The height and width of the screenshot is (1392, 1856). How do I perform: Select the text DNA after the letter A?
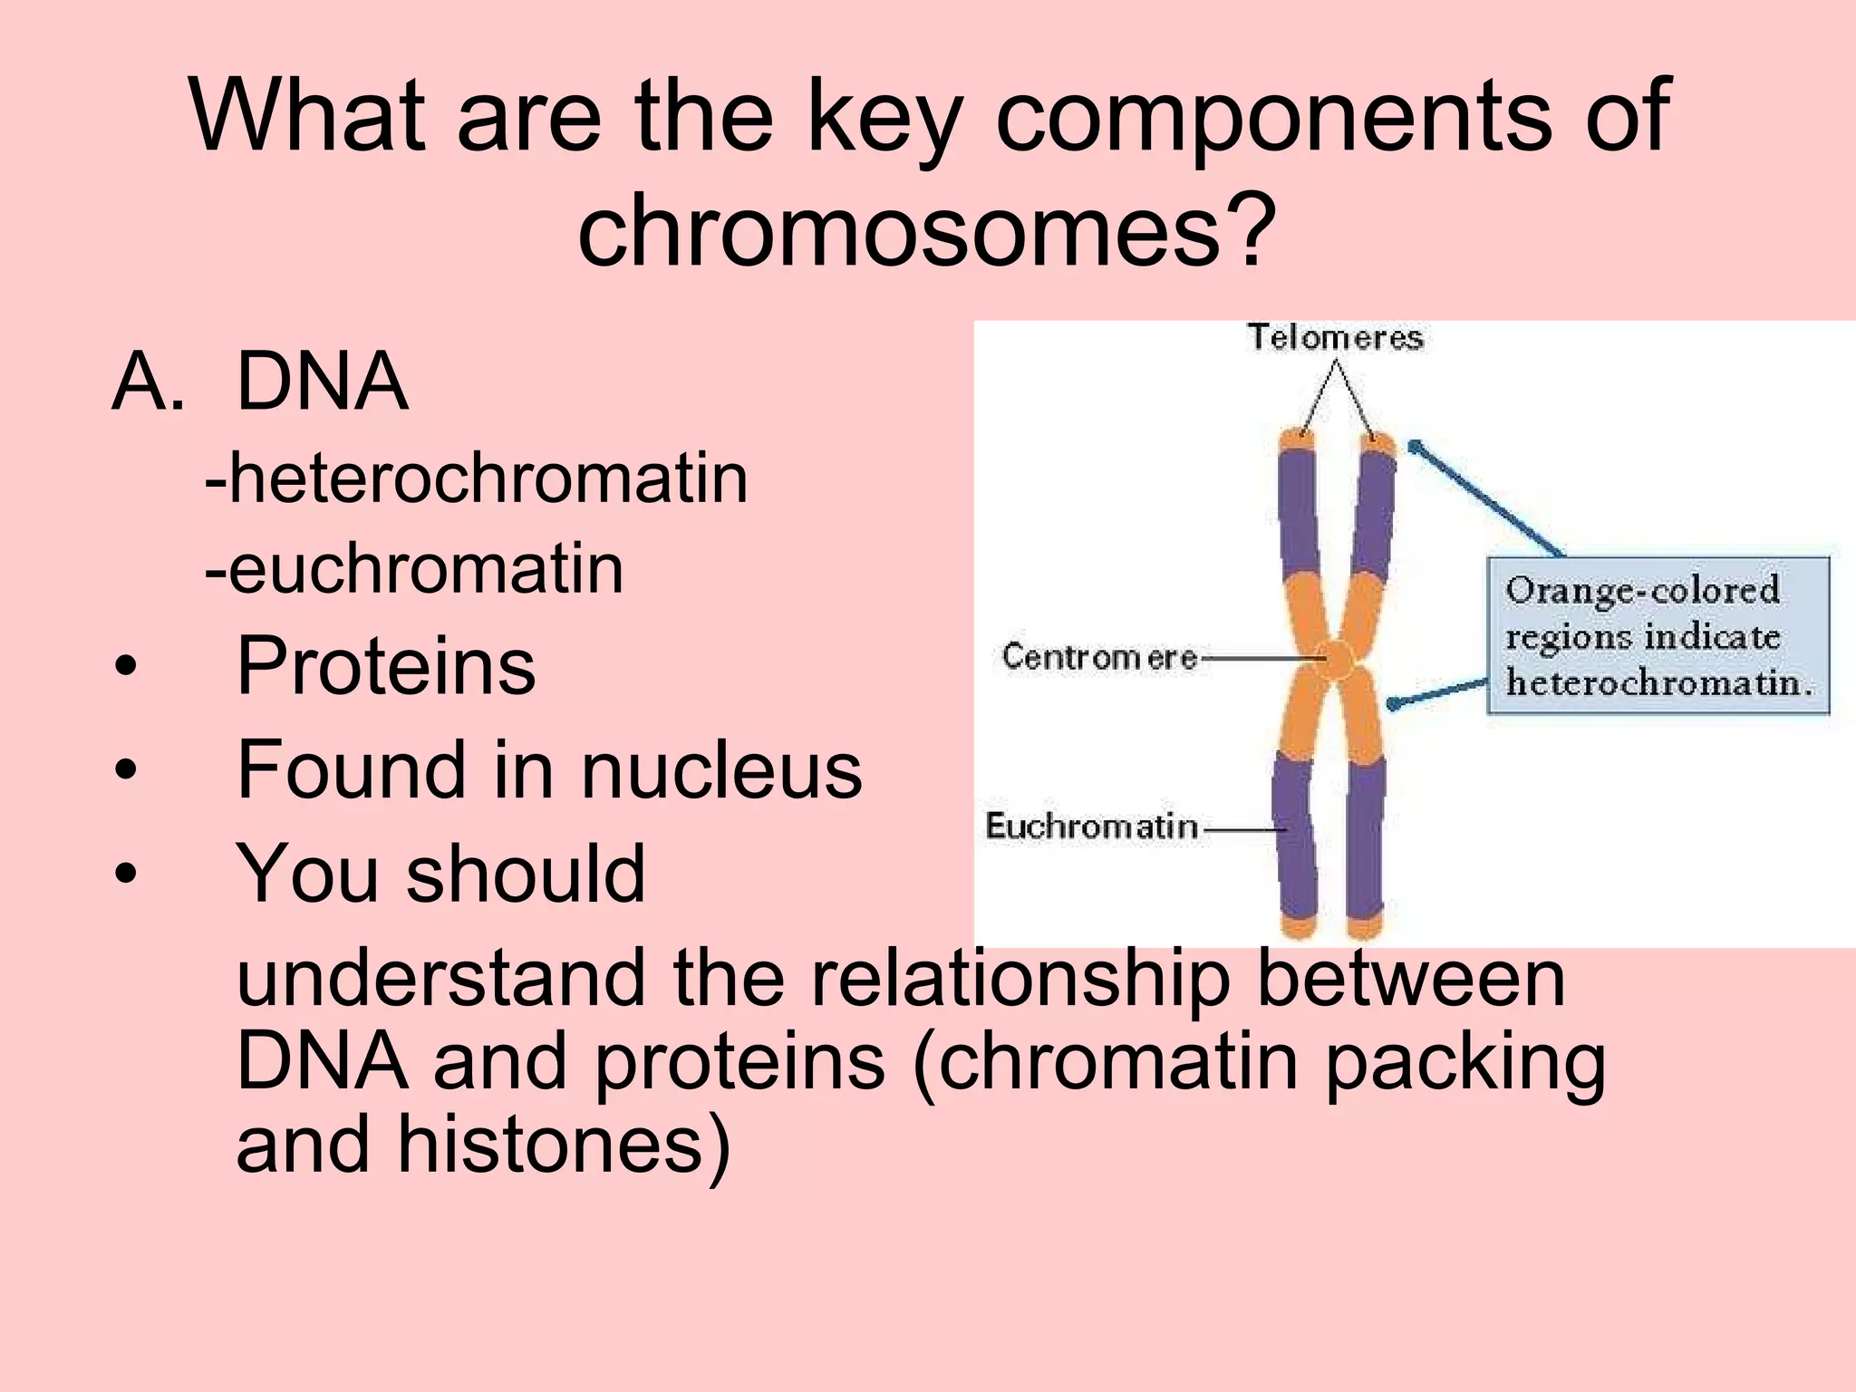pyautogui.click(x=322, y=382)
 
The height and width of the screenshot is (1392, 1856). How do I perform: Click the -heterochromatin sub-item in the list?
pyautogui.click(x=477, y=478)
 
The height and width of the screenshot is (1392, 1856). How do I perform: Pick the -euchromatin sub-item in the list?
pyautogui.click(x=414, y=570)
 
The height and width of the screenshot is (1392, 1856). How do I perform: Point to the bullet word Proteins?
pyautogui.click(x=385, y=666)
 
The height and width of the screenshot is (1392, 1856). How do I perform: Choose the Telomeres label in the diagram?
pyautogui.click(x=1335, y=338)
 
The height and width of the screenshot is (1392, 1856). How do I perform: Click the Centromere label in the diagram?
pyautogui.click(x=1099, y=657)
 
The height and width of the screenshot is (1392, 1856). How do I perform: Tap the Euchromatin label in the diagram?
pyautogui.click(x=1092, y=826)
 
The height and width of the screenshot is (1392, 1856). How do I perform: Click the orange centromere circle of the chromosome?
pyautogui.click(x=1335, y=659)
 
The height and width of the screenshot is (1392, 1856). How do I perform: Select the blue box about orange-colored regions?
pyautogui.click(x=1658, y=636)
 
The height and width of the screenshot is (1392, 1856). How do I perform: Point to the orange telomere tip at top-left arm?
pyautogui.click(x=1297, y=442)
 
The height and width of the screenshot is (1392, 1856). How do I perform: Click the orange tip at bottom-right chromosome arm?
pyautogui.click(x=1365, y=927)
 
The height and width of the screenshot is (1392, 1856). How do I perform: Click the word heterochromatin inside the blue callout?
pyautogui.click(x=1658, y=682)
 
